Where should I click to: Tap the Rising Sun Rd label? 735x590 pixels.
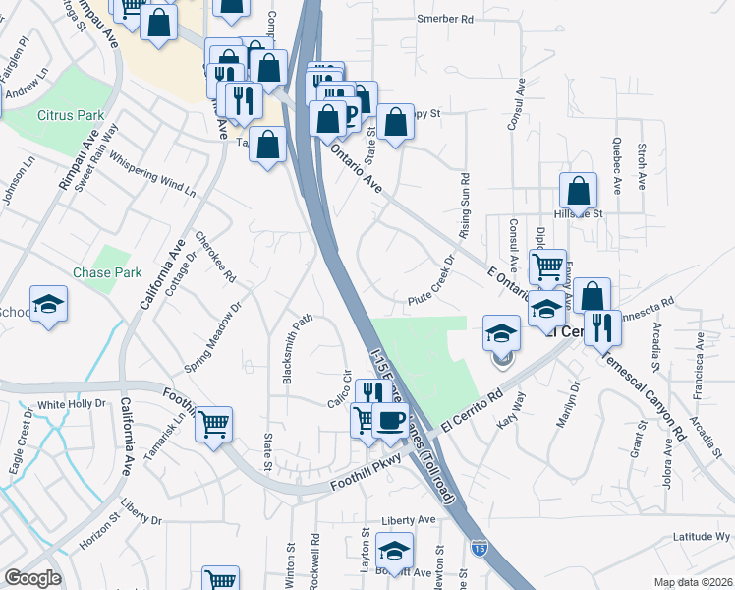point(465,207)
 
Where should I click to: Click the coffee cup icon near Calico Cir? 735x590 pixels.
point(391,421)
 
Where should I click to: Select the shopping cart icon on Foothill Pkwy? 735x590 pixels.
point(213,425)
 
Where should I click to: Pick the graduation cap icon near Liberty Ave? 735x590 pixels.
point(394,551)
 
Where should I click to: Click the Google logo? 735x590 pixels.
point(33,577)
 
